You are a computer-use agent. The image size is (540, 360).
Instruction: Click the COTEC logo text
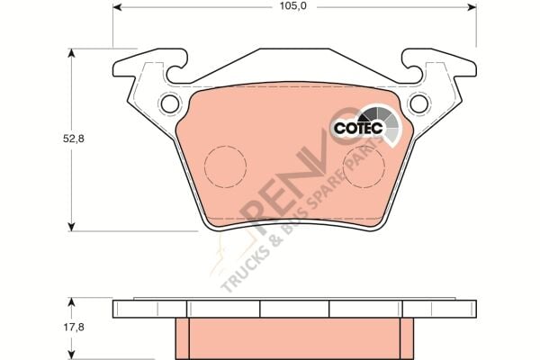tap(357, 129)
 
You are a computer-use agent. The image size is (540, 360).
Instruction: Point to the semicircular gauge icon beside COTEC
tap(377, 116)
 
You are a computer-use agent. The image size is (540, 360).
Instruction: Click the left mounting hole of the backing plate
tap(169, 103)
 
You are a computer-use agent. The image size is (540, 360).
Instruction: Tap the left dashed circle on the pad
tap(225, 167)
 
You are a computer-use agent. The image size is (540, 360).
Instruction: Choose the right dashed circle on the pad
tap(366, 167)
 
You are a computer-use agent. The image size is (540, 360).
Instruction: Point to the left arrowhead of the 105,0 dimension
tap(118, 7)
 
